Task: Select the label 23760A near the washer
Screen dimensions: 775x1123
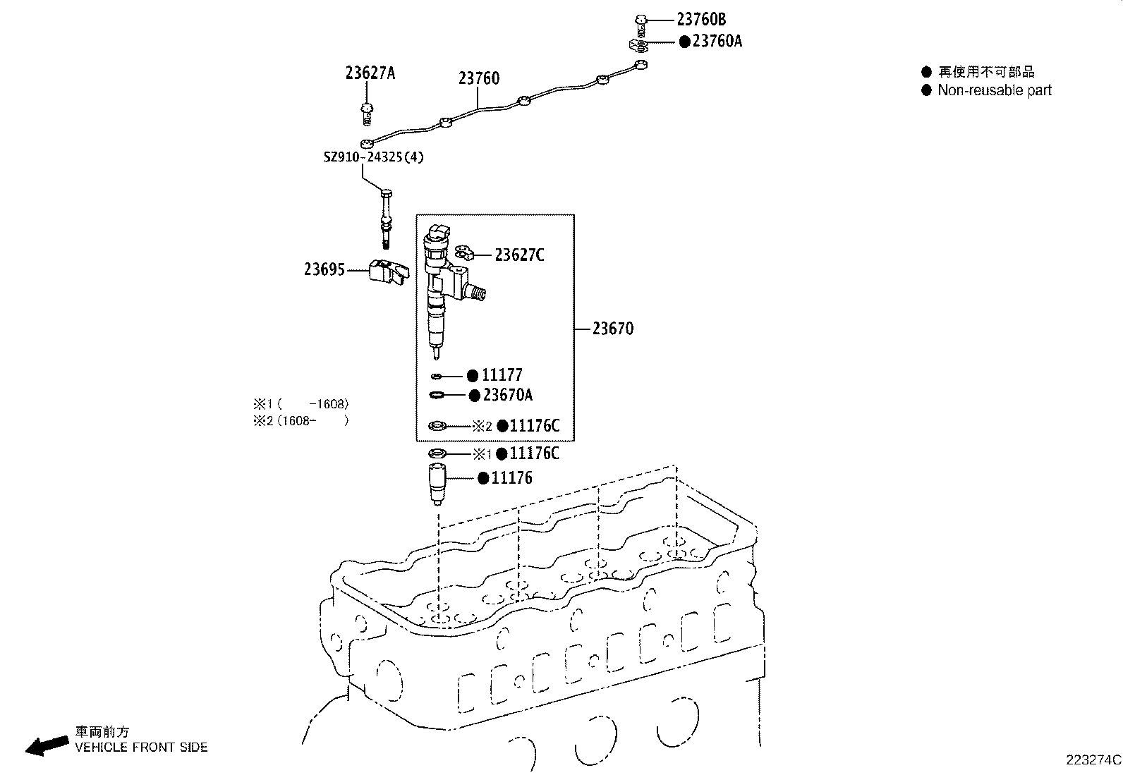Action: (x=717, y=42)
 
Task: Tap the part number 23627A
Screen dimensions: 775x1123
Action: (x=370, y=73)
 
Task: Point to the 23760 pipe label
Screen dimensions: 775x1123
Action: (x=478, y=78)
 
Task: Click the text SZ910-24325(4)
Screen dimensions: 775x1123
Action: (x=374, y=157)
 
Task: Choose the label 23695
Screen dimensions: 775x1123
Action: (x=324, y=269)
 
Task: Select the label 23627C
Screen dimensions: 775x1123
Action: (x=519, y=255)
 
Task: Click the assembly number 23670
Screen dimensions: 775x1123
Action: (x=612, y=329)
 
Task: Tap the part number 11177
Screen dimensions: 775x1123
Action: (x=502, y=375)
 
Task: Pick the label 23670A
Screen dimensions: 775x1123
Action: (x=507, y=395)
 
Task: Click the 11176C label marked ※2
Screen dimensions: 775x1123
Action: (x=534, y=426)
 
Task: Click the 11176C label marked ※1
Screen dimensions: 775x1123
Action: (x=534, y=453)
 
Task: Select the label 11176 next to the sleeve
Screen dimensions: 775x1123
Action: (x=511, y=478)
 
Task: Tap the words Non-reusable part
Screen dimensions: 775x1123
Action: (x=994, y=90)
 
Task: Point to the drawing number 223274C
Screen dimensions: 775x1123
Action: (x=1093, y=760)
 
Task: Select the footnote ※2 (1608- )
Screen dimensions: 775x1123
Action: (x=301, y=421)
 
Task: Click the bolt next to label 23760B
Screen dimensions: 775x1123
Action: (x=641, y=23)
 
